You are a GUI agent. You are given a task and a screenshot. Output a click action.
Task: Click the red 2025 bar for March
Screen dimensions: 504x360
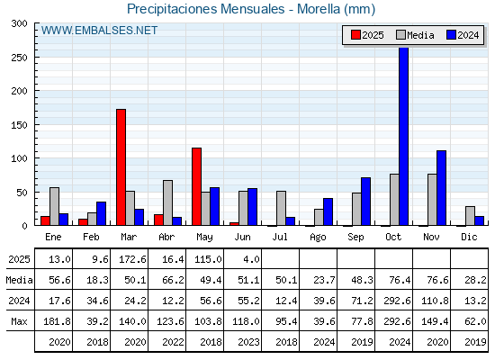click(121, 167)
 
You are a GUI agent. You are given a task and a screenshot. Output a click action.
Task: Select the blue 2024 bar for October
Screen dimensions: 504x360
click(404, 136)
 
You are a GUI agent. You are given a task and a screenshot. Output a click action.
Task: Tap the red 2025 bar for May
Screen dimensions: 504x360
click(197, 186)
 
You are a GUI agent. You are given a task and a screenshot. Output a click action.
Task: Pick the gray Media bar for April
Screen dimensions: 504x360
click(167, 202)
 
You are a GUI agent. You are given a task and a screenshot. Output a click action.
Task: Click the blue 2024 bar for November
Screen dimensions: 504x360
click(441, 188)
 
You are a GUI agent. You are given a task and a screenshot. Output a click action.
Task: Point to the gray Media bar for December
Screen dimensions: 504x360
click(470, 216)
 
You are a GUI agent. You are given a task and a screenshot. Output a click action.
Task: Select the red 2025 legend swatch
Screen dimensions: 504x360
click(355, 35)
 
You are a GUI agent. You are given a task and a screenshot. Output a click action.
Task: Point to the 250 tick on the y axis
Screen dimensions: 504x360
click(36, 58)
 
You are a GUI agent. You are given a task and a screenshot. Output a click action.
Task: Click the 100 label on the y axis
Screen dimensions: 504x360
click(19, 158)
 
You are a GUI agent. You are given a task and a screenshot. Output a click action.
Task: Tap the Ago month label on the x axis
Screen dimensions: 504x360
click(318, 238)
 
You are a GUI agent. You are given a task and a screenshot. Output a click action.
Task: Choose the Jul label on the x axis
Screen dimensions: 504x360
click(280, 237)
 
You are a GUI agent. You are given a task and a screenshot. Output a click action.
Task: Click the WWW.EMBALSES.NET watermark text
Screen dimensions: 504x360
click(99, 31)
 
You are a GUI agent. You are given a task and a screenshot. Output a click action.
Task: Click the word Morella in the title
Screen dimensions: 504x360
click(319, 9)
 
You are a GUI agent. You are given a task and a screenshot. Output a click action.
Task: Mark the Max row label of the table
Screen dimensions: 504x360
click(19, 321)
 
